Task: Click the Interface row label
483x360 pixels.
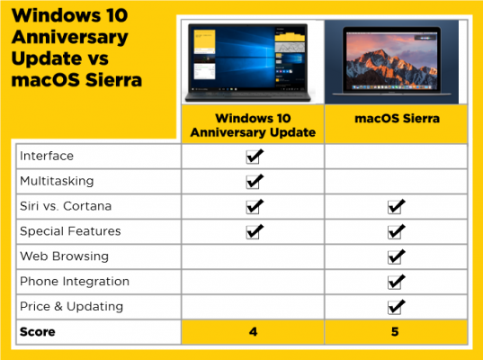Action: (x=47, y=156)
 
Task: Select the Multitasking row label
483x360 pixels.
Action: (x=55, y=181)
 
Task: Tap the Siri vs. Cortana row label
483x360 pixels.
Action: (x=66, y=206)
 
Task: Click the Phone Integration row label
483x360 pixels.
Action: (x=74, y=282)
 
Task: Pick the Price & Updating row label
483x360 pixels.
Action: (x=71, y=307)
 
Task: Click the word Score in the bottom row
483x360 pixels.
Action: (x=38, y=332)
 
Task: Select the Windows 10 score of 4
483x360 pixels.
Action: (x=253, y=332)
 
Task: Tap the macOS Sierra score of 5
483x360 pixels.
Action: (x=396, y=332)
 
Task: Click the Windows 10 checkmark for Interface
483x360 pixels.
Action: (x=254, y=156)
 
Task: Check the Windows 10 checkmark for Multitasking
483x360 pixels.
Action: (x=254, y=181)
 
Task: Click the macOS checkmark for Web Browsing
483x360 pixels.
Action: (x=396, y=256)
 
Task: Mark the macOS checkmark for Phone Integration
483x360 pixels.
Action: (x=396, y=282)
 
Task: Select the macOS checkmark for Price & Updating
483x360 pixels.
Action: (x=396, y=307)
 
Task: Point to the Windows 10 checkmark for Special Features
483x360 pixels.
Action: (x=254, y=231)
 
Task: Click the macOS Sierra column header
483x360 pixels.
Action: (x=396, y=124)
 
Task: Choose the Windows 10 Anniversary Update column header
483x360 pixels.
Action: (x=253, y=124)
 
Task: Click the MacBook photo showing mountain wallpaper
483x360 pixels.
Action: (x=396, y=61)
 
